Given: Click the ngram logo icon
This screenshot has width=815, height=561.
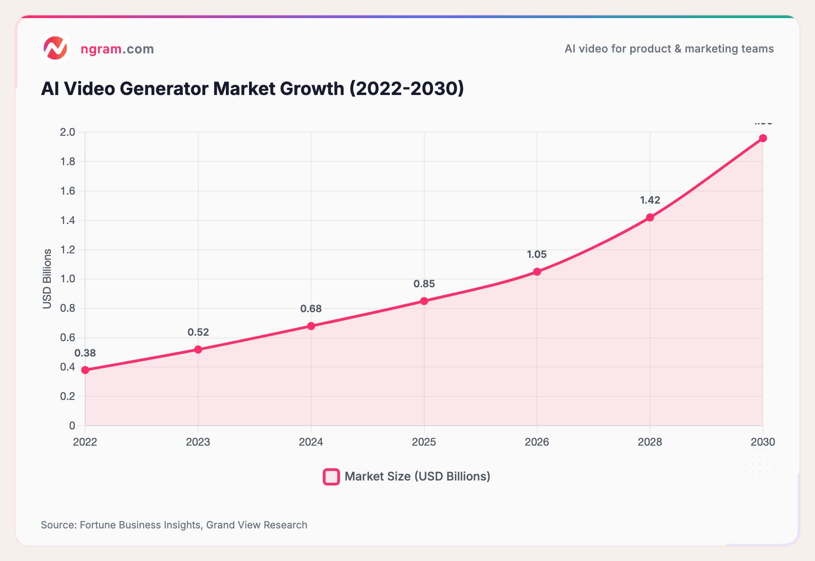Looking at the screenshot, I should click(x=55, y=48).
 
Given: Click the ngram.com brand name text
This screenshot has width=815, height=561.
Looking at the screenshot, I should click(x=117, y=49).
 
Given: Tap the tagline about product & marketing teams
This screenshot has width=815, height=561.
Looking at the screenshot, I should click(x=669, y=49).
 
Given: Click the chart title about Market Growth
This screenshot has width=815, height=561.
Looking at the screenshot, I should click(x=252, y=89).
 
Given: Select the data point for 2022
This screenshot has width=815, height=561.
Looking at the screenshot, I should click(x=85, y=370).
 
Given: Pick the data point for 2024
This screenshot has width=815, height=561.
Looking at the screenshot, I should click(x=311, y=326).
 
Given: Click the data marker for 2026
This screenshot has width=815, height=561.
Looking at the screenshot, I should click(x=537, y=271).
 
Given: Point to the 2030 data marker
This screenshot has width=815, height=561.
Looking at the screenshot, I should click(x=763, y=138).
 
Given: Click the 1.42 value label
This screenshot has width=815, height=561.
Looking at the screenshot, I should click(x=650, y=200).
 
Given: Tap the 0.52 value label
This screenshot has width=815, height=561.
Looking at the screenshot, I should click(x=198, y=332).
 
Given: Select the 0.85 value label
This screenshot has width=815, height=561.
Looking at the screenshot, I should click(x=424, y=284).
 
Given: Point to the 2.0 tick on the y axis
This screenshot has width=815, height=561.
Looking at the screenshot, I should click(x=67, y=132).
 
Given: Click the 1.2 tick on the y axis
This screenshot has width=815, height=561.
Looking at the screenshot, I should click(x=67, y=250).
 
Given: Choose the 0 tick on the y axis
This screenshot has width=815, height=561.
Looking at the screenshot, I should click(x=72, y=426).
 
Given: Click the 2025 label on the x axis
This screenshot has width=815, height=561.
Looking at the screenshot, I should click(x=424, y=442).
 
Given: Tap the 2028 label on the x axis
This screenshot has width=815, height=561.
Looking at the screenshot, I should click(x=650, y=442).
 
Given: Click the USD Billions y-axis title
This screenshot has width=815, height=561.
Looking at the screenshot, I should click(x=47, y=279).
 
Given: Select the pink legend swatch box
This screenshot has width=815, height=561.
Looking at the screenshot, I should click(x=331, y=477).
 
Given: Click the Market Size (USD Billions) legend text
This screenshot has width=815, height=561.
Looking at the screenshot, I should click(x=417, y=476).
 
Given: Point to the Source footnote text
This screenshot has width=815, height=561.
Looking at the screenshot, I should click(x=174, y=525).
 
